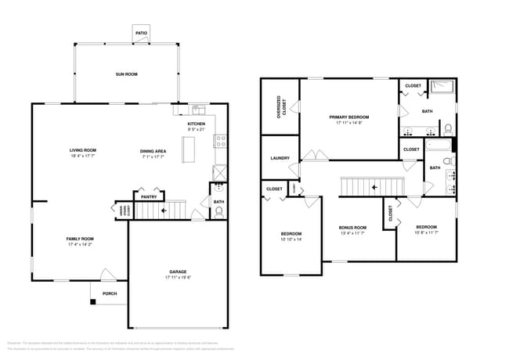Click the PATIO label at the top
(x=141, y=34)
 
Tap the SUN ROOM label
(x=127, y=74)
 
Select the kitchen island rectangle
(x=188, y=149)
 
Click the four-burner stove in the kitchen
(x=222, y=142)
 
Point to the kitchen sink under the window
(x=198, y=110)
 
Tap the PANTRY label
(x=149, y=197)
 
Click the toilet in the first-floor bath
(x=218, y=211)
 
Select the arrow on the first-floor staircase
(x=163, y=210)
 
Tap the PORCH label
(x=109, y=294)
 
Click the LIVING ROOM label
(x=83, y=150)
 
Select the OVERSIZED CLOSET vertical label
(x=279, y=107)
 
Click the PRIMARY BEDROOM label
(x=348, y=117)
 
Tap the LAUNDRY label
(x=280, y=158)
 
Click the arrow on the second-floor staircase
(x=374, y=187)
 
